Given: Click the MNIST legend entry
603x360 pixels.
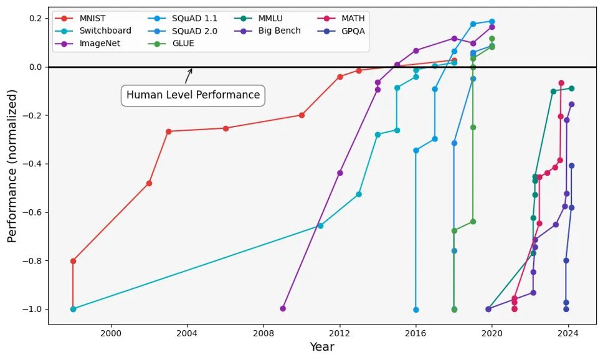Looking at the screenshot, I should [92, 18].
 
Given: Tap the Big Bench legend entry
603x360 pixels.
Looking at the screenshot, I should [280, 31].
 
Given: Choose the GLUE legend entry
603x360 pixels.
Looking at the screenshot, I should [183, 43].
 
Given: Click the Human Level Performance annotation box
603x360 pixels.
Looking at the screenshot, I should [192, 95].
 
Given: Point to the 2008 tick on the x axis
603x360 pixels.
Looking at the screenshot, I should [264, 324].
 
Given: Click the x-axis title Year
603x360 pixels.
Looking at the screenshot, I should [322, 348].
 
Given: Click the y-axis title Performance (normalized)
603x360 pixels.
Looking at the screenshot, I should [12, 166].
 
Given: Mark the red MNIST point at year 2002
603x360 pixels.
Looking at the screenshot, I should [149, 183].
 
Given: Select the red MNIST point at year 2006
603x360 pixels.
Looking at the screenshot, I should [226, 128].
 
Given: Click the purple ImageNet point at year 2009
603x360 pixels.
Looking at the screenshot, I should [283, 308].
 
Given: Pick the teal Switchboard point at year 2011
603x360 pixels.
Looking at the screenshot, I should [321, 225].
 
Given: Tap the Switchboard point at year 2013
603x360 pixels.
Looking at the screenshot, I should [359, 194].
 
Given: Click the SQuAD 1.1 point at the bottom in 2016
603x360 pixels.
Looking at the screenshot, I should [416, 310].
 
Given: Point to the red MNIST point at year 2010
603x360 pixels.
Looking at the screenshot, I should [301, 115].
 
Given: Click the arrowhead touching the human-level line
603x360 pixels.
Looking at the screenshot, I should [191, 70].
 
